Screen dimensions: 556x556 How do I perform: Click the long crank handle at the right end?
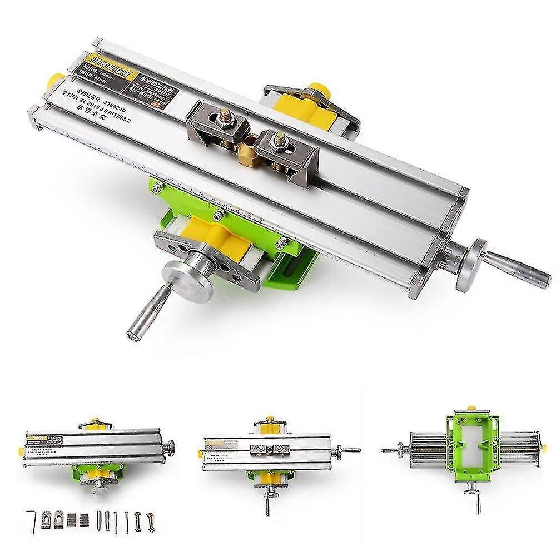[520, 269]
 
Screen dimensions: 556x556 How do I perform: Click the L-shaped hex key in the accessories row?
[31, 520]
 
